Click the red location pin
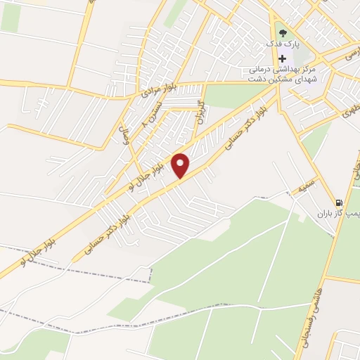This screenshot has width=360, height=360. click(x=181, y=165)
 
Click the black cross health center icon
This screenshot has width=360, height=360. click(x=282, y=59)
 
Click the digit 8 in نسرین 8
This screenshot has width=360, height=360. click(x=146, y=124)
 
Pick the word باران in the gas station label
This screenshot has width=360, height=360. click(x=323, y=213)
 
